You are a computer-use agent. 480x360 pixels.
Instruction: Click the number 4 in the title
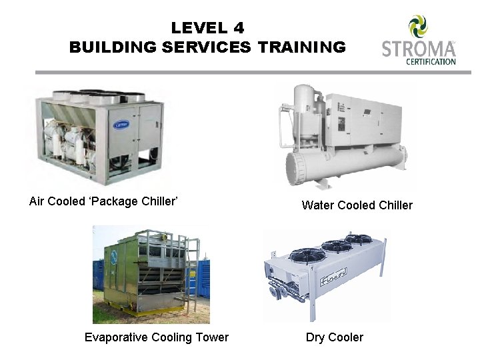[239, 28]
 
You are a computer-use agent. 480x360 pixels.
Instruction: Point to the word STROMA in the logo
[417, 49]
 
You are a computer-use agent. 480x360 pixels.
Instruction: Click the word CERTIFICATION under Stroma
[431, 62]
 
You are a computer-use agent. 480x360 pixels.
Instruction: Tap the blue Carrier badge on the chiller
[123, 124]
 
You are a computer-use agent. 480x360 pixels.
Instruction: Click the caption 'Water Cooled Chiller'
[357, 205]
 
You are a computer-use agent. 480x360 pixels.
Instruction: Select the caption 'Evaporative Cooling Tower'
[157, 337]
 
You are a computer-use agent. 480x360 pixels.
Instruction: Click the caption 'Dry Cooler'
[335, 337]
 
